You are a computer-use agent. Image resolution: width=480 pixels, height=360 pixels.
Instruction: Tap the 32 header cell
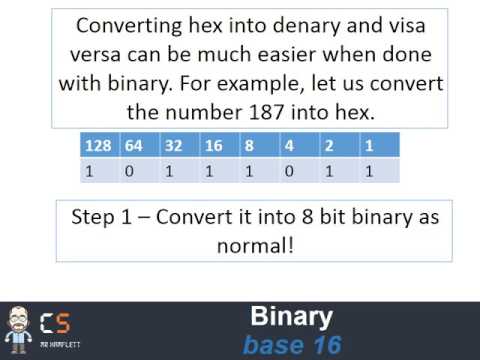point(172,146)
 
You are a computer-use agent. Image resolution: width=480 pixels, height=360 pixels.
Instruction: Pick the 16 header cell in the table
point(213,146)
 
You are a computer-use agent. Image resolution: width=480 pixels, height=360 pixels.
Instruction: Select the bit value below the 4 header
point(290,170)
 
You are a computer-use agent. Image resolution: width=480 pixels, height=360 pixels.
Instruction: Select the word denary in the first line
point(319,25)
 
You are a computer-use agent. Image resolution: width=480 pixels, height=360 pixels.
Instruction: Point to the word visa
point(419,25)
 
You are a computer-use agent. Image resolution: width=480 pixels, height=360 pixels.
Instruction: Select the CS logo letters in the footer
point(56,323)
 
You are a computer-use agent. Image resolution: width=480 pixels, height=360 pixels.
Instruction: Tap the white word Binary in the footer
point(290,318)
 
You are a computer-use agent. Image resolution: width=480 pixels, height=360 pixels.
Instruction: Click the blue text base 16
point(292,344)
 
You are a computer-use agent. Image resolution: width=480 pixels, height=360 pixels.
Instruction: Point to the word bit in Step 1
point(326,216)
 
